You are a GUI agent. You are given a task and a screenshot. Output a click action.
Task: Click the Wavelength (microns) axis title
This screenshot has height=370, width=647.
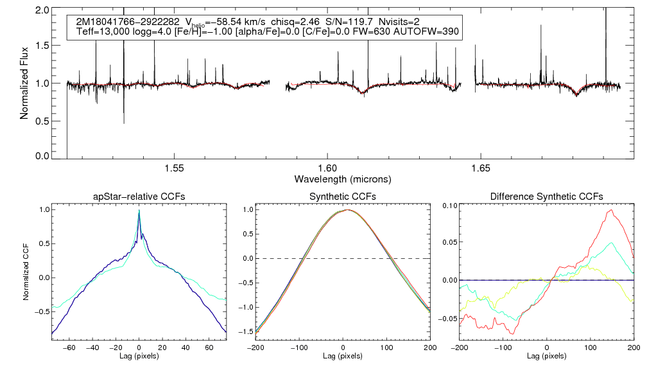pos(342,179)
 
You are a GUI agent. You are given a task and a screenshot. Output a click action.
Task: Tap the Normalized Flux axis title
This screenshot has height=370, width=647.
pos(24,84)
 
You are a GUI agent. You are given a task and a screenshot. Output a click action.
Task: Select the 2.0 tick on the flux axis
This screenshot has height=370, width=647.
pos(42,11)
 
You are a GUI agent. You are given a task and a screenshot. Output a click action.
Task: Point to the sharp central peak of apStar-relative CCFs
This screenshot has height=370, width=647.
pos(139,211)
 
